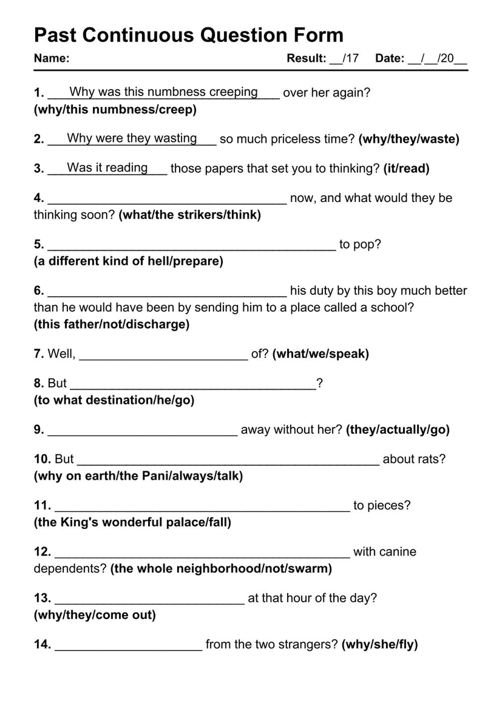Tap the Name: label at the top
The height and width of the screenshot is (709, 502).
click(x=51, y=58)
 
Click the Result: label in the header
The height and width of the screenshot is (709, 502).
click(x=306, y=58)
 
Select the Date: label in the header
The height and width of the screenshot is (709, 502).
click(x=390, y=58)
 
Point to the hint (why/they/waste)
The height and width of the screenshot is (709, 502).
click(x=409, y=139)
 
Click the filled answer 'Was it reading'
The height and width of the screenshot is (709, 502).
click(x=107, y=167)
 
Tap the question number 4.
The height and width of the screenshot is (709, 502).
click(x=39, y=198)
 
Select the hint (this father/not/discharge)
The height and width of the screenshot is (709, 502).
click(x=111, y=324)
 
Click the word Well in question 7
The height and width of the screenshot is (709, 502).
click(x=61, y=354)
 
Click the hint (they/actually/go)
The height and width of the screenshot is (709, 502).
click(x=398, y=430)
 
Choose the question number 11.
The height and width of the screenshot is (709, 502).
click(x=42, y=505)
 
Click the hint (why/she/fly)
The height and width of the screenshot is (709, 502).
click(x=380, y=644)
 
